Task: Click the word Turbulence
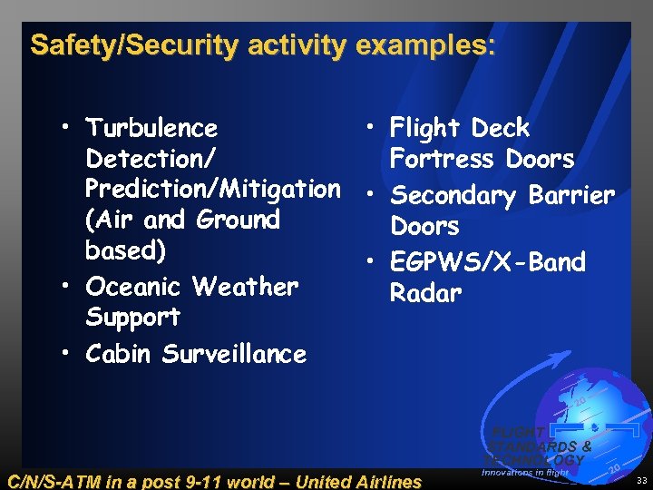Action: [x=151, y=128]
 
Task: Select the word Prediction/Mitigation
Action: [x=212, y=189]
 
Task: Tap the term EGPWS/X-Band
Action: [x=487, y=262]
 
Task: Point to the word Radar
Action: [x=425, y=292]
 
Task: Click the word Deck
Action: [x=499, y=128]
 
